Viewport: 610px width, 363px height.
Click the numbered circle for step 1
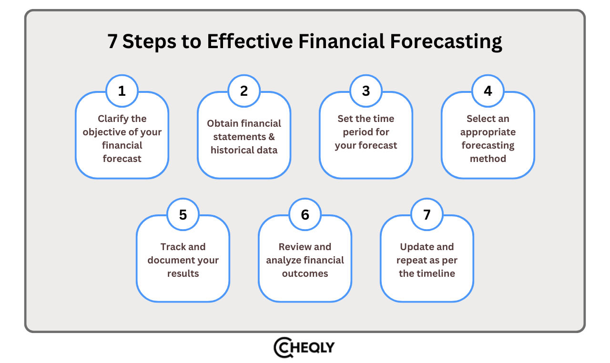pos(122,91)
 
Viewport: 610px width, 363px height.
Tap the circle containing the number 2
pos(244,91)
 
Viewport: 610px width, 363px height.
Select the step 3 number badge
pos(366,91)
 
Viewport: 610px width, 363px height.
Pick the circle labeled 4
pos(488,91)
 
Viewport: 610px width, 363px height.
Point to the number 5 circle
pos(183,214)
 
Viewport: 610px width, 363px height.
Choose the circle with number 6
pos(305,214)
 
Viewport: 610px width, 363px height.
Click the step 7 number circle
pos(427,214)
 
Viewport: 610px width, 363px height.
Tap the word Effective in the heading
pos(250,41)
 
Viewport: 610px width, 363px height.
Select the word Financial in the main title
pos(342,41)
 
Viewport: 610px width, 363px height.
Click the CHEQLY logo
pos(304,347)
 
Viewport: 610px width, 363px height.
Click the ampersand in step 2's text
pos(271,137)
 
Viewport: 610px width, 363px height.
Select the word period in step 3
pos(354,132)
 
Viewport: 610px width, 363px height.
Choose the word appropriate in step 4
pos(488,132)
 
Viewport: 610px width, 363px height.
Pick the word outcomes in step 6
pos(305,273)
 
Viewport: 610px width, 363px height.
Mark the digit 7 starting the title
pos(112,41)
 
